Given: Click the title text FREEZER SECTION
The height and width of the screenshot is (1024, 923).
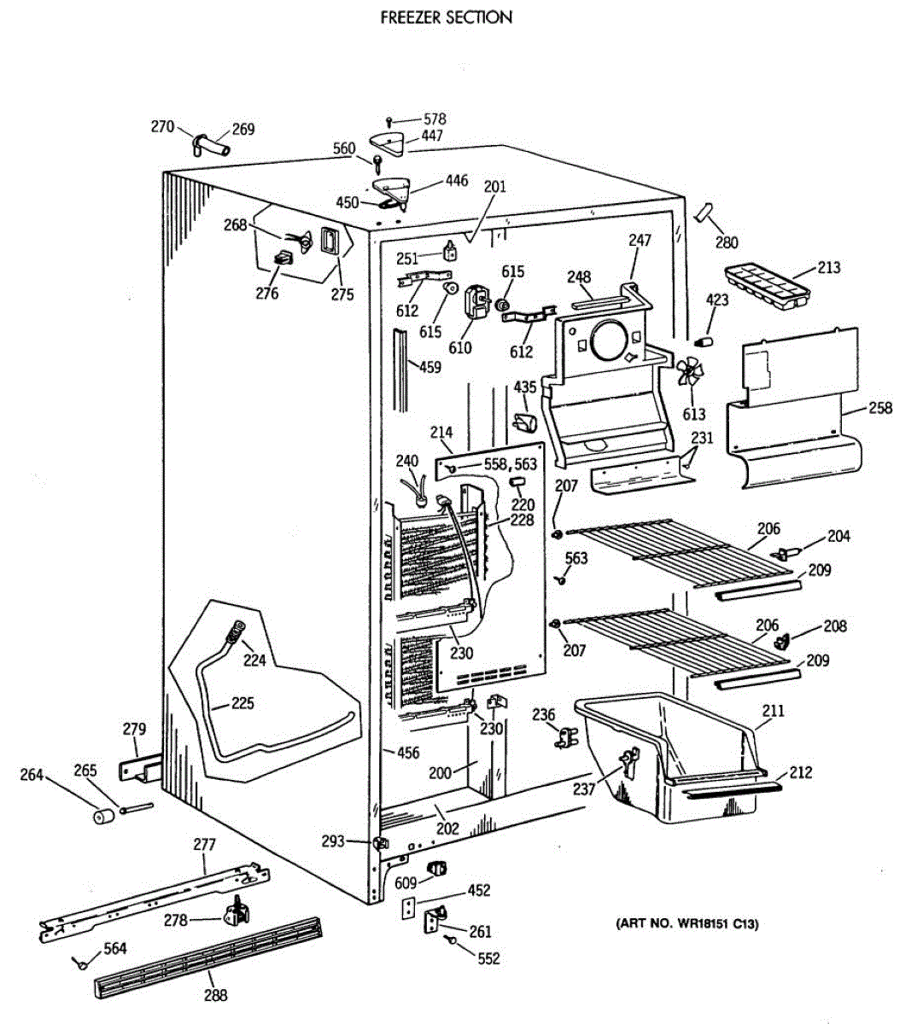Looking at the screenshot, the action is click(x=446, y=17).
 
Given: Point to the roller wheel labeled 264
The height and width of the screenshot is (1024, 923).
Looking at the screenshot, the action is click(x=104, y=817).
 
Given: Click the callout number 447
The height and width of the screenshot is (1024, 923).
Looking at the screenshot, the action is click(x=432, y=136).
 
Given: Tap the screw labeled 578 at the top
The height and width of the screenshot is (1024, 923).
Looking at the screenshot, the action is click(x=389, y=121).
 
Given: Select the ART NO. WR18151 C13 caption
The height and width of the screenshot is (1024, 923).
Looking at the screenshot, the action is click(x=687, y=923).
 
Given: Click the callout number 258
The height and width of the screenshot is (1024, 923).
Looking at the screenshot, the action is click(x=880, y=408).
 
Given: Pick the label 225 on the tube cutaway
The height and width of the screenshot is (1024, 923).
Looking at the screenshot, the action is click(x=242, y=703).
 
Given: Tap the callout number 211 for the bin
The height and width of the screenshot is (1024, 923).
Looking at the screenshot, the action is click(x=773, y=711).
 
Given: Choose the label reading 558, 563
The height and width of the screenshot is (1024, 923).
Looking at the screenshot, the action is click(x=511, y=464).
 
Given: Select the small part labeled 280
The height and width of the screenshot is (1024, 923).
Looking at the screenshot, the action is click(x=704, y=212).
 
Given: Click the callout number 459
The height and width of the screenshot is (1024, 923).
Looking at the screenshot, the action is click(x=430, y=367).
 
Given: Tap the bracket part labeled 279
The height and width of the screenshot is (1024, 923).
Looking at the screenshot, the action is click(x=139, y=769).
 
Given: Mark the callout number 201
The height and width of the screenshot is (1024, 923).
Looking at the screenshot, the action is click(x=494, y=187).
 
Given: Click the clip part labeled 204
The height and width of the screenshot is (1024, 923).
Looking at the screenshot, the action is click(x=786, y=553).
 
